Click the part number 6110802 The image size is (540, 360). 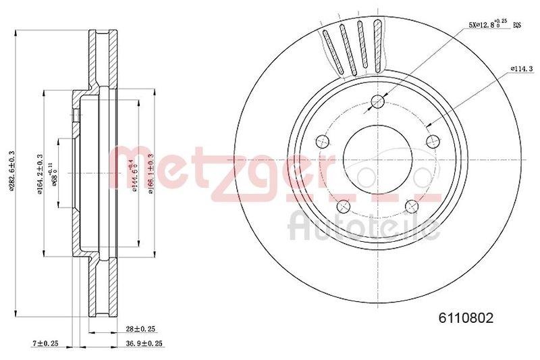coord(466,317)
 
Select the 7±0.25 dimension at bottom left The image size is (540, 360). coord(45,344)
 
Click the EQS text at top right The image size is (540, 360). coord(518,26)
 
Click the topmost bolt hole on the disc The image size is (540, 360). coord(377,102)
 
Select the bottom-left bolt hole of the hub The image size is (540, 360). coord(344,205)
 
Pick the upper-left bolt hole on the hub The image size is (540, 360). coord(323,141)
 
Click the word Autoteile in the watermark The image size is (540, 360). coord(364,226)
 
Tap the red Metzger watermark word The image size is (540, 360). coord(223,169)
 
